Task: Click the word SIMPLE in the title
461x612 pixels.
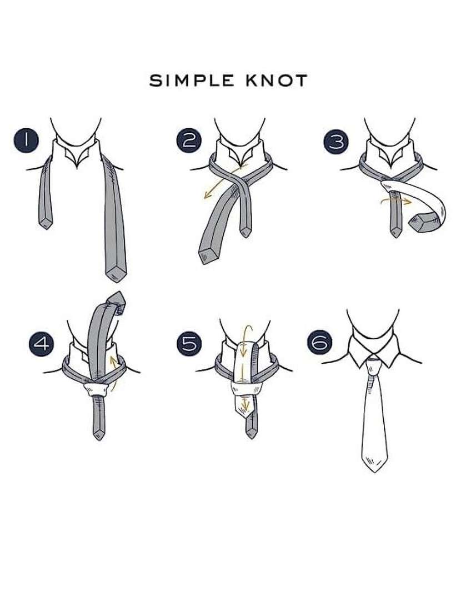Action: (x=191, y=81)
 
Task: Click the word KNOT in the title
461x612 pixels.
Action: (x=277, y=81)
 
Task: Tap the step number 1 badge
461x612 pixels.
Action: (x=26, y=140)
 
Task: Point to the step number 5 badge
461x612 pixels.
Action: (x=189, y=343)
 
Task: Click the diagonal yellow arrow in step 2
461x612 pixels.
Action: (x=224, y=182)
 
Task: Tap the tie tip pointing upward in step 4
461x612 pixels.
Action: (x=116, y=302)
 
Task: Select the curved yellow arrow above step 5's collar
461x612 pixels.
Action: (x=245, y=339)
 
